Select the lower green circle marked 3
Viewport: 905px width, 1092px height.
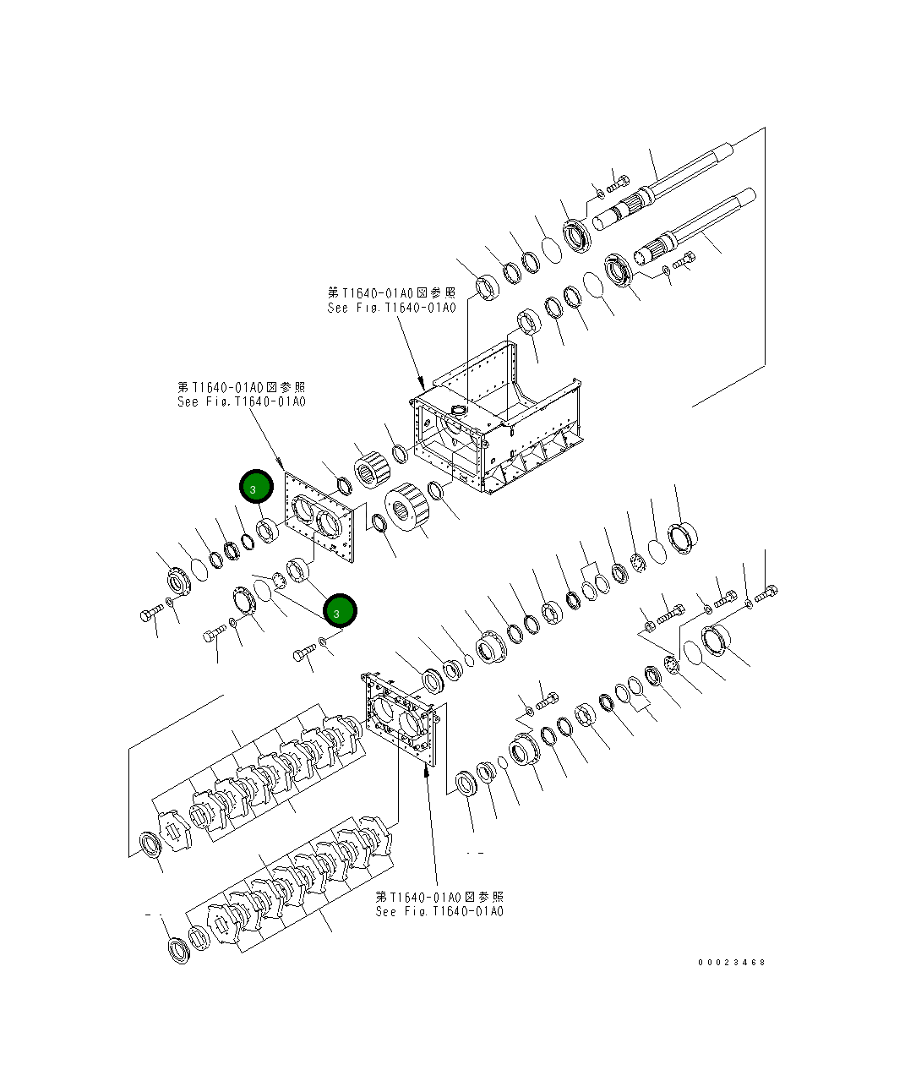click(340, 609)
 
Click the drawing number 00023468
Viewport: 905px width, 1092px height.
click(731, 962)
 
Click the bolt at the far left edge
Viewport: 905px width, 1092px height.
click(150, 614)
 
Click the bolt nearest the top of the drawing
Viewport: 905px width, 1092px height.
click(619, 180)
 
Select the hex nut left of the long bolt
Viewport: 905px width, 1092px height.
click(648, 626)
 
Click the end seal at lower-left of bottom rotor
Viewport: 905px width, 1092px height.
click(178, 951)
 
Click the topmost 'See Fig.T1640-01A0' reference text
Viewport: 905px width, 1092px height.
click(390, 308)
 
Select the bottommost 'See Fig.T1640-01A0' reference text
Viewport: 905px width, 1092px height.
click(439, 911)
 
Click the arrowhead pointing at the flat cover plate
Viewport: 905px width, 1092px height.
click(282, 464)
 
